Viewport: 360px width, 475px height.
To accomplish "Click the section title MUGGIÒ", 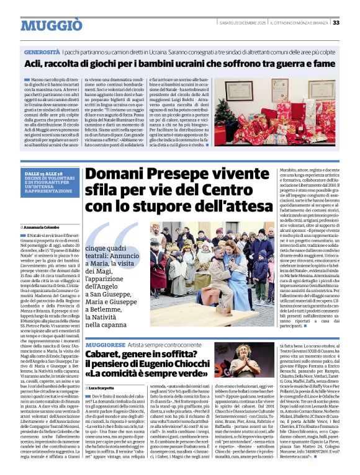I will [52, 25].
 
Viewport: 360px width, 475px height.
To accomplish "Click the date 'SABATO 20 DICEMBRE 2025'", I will [252, 23].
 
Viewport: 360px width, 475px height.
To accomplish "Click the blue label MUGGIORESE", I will [107, 343].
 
